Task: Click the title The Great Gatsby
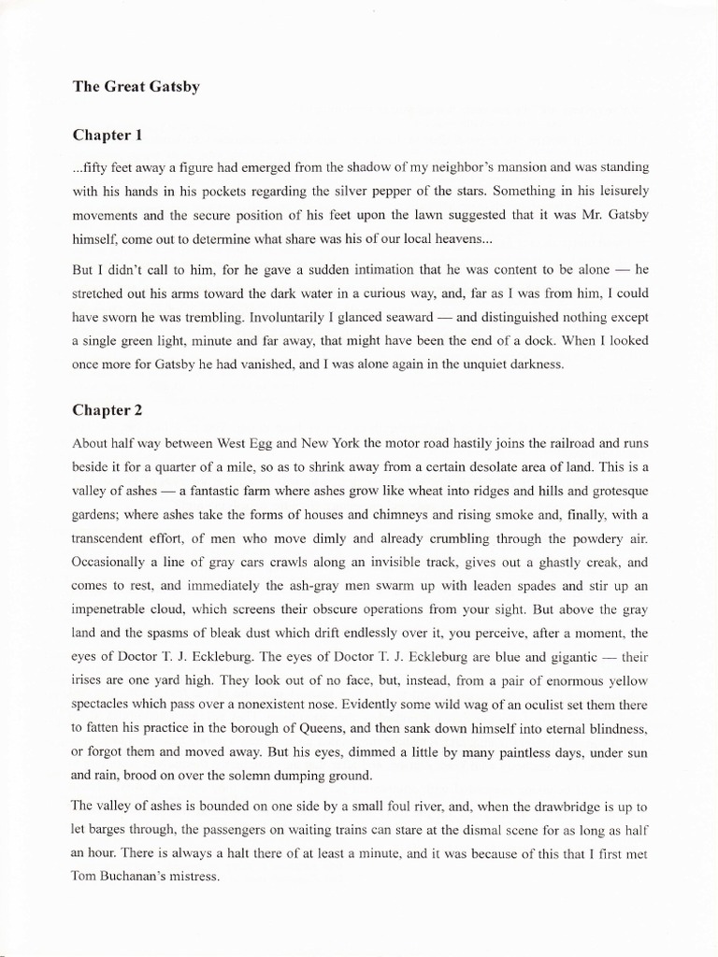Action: (136, 87)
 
